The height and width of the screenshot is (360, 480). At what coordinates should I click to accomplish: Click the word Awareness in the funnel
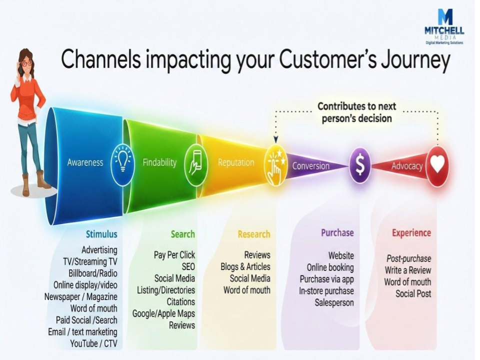[85, 162]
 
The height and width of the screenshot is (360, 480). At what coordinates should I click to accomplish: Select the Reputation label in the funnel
[235, 162]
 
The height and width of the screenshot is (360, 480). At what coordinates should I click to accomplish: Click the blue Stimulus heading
[101, 234]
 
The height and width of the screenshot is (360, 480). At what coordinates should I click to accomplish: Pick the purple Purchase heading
[337, 232]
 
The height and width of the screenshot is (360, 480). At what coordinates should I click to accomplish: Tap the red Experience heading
[411, 233]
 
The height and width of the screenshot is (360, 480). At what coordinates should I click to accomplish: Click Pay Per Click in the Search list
[174, 255]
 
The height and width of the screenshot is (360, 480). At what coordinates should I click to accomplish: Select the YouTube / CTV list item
[93, 343]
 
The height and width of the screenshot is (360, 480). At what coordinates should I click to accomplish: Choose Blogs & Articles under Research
[245, 266]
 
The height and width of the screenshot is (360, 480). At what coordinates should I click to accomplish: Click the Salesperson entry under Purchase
[334, 302]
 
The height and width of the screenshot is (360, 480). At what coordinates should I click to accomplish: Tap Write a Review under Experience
[407, 270]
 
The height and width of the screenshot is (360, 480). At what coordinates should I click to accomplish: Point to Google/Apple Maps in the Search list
[163, 313]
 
